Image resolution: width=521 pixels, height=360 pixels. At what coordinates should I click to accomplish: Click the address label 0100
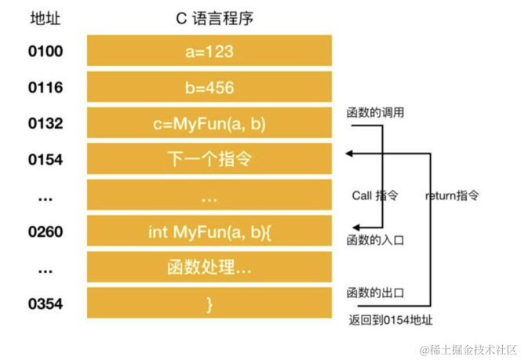[45, 52]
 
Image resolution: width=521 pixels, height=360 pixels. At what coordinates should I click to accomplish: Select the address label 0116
[45, 87]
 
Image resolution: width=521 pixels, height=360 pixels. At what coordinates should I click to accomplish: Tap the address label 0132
[45, 123]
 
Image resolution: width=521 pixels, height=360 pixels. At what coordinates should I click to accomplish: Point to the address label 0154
[45, 159]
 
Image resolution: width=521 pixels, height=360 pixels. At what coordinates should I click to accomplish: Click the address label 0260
[45, 231]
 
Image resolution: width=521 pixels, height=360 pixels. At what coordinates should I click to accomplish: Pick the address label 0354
[45, 304]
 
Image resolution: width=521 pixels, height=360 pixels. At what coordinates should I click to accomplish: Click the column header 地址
[45, 17]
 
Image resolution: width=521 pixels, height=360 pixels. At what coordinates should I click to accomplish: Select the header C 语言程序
[209, 17]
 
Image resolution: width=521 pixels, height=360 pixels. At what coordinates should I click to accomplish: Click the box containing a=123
[209, 52]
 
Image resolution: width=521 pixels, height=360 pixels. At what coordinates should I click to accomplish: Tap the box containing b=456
[209, 87]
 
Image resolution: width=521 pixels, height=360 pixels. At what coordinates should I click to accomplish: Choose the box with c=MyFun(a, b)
[209, 123]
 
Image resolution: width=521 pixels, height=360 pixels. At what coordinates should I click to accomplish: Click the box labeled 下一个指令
[209, 159]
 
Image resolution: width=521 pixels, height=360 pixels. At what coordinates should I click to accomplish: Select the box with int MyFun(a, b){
[209, 231]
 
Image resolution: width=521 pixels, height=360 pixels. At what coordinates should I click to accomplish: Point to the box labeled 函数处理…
[209, 267]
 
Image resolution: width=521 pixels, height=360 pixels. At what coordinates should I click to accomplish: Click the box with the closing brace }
[209, 304]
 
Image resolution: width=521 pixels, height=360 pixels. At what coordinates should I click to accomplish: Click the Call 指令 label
[375, 195]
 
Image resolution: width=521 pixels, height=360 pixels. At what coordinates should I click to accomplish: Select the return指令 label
[452, 195]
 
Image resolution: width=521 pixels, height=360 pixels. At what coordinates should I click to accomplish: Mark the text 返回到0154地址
[390, 319]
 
